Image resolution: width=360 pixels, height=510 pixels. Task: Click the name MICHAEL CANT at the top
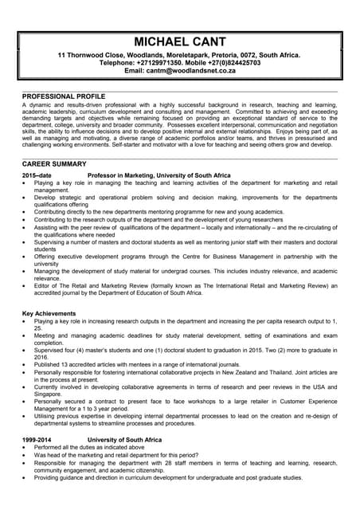click(x=179, y=41)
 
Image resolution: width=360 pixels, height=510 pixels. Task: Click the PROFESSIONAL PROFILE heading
click(x=65, y=96)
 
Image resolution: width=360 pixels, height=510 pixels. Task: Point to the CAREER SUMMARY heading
click(x=54, y=163)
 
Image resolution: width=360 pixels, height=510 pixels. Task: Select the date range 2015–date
click(x=37, y=175)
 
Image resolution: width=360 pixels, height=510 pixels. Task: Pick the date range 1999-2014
click(x=37, y=440)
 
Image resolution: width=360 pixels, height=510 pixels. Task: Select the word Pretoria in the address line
click(x=205, y=55)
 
